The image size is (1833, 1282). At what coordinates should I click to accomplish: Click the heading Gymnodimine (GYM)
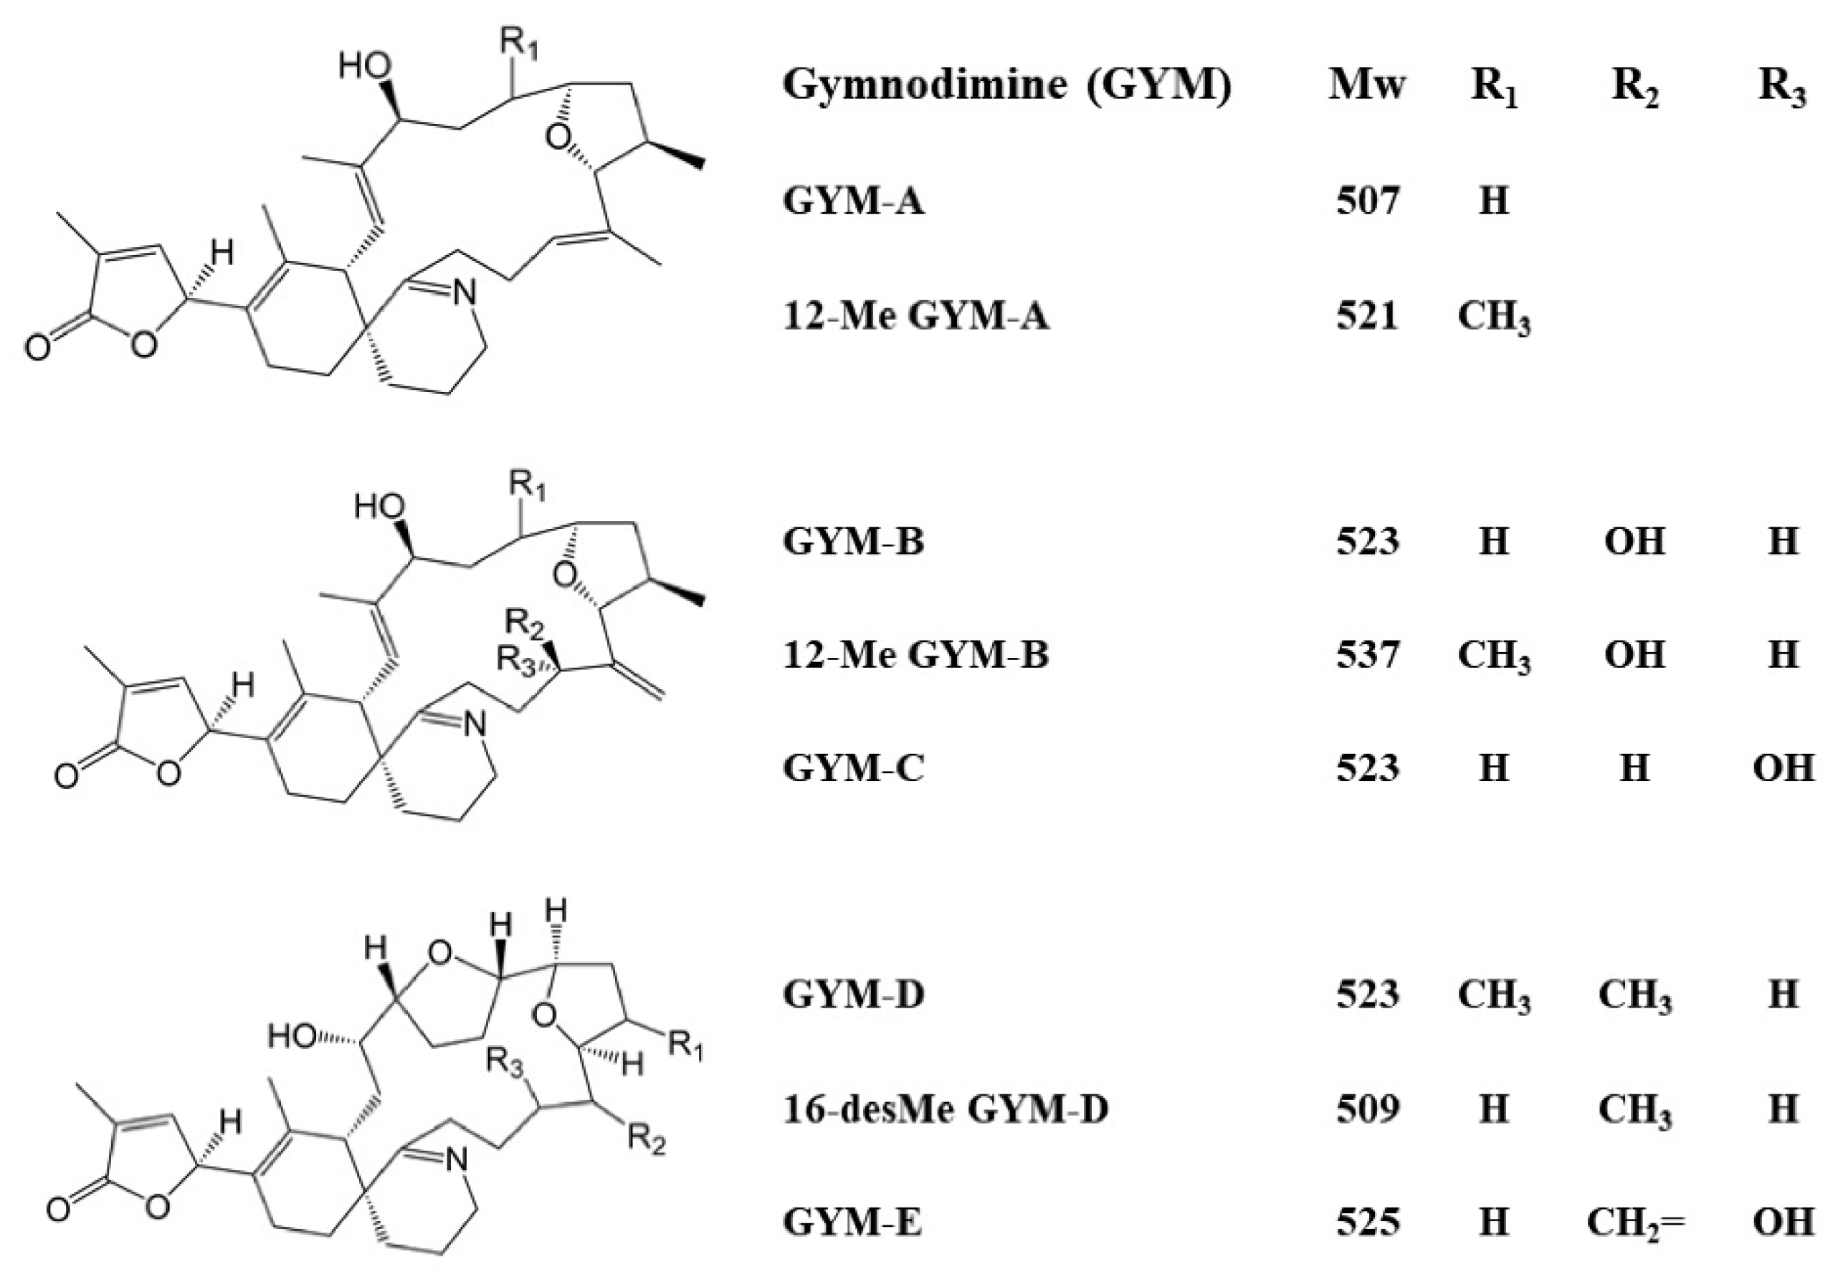click(1006, 84)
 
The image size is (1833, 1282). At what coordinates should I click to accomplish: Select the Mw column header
click(1367, 84)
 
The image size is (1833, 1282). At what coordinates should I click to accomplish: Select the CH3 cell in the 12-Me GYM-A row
click(1494, 317)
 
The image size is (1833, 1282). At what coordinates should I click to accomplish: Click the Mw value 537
click(1367, 654)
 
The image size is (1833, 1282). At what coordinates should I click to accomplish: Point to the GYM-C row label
click(852, 767)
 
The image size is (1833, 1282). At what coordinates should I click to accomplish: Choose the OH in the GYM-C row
click(1783, 767)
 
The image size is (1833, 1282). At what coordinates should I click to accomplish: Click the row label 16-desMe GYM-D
click(946, 1109)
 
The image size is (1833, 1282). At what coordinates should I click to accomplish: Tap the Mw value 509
click(1367, 1109)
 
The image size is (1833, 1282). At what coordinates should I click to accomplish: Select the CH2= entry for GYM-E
click(1634, 1222)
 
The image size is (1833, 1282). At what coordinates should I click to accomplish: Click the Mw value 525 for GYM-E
click(1367, 1222)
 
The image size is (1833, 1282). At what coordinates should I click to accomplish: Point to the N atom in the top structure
click(464, 293)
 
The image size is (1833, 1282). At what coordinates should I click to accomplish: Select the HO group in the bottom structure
click(292, 1036)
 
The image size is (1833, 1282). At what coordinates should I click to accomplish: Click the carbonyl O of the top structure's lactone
click(37, 349)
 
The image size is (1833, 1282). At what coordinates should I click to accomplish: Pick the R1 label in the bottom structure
click(686, 1045)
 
